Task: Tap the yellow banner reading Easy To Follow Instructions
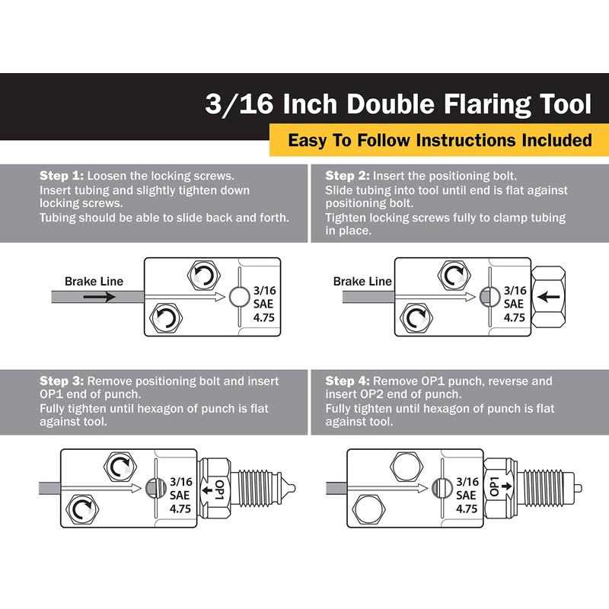pyautogui.click(x=439, y=140)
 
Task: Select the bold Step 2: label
pyautogui.click(x=347, y=175)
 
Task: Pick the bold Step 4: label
pyautogui.click(x=347, y=381)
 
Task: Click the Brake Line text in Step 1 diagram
pyautogui.click(x=94, y=282)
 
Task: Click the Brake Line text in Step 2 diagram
pyautogui.click(x=362, y=282)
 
